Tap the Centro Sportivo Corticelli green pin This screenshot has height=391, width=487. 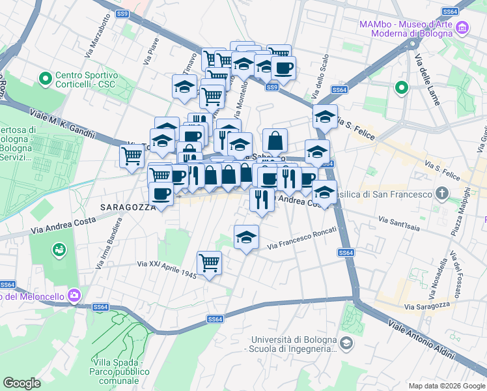click(46, 80)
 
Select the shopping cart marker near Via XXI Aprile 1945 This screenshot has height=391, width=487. click(210, 263)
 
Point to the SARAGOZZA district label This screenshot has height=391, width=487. click(127, 207)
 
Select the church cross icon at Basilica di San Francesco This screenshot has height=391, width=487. click(442, 194)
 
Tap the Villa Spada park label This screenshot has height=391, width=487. click(118, 371)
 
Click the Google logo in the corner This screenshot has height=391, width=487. click(21, 383)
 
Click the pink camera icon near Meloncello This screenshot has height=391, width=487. click(74, 295)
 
